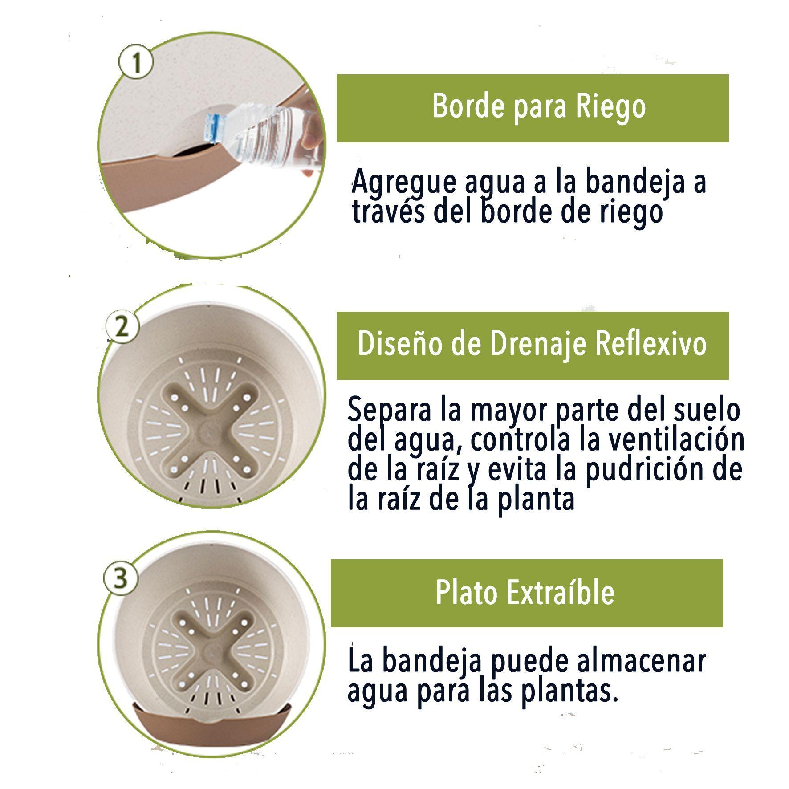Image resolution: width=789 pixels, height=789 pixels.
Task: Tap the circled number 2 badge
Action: pyautogui.click(x=122, y=327)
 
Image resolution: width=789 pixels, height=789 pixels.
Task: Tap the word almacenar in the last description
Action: pyautogui.click(x=642, y=661)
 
